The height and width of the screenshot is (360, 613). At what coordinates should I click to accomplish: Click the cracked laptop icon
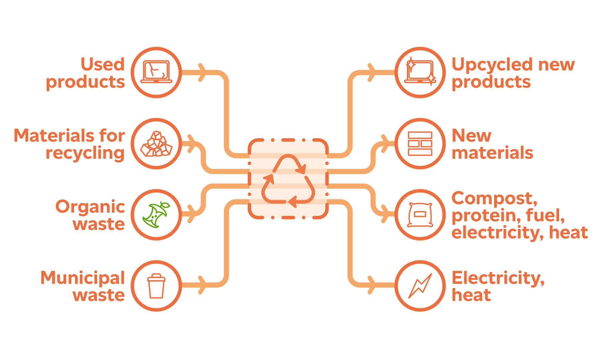[156, 72]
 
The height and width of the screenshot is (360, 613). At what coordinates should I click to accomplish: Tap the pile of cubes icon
[156, 144]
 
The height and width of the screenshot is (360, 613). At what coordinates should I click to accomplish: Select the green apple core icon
[156, 215]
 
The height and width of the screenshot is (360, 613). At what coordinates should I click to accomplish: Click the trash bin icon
[156, 286]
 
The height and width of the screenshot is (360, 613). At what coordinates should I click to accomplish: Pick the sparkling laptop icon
[420, 72]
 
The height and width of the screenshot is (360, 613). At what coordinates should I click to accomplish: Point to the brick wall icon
[420, 144]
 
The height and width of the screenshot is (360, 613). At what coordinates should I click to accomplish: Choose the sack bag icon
[420, 215]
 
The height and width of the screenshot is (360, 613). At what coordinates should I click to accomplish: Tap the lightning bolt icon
[420, 286]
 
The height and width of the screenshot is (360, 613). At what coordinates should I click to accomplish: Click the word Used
[103, 64]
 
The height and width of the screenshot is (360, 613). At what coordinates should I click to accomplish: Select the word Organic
[90, 207]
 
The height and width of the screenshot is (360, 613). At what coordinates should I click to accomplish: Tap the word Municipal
[82, 278]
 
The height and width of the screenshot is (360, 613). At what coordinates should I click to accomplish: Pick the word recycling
[85, 153]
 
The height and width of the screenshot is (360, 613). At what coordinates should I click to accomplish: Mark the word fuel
[545, 215]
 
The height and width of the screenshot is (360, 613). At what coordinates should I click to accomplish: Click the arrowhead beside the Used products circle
[202, 72]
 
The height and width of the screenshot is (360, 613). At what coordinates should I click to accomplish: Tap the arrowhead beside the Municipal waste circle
[202, 285]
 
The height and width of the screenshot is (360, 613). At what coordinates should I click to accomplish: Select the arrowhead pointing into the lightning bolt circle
[371, 285]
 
